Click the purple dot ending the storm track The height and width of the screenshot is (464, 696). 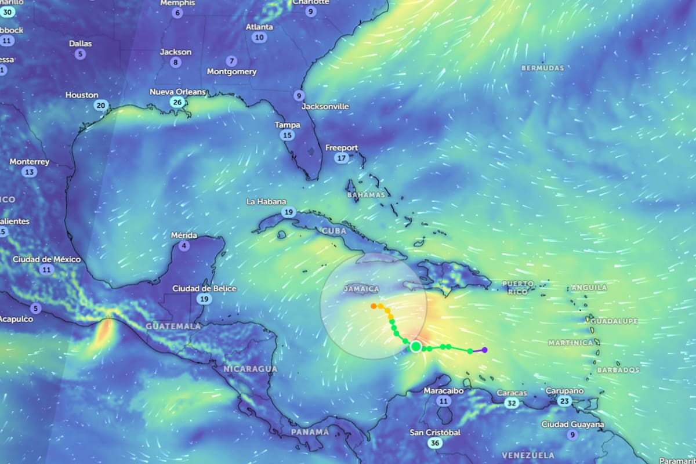click(484, 350)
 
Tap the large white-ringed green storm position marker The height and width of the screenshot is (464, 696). click(415, 347)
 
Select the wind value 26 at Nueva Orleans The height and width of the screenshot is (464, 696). click(177, 103)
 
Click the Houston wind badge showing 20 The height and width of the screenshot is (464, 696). click(101, 106)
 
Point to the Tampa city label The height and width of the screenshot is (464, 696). click(288, 125)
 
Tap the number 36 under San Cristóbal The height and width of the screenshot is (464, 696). click(434, 443)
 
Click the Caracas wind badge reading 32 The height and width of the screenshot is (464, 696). click(511, 403)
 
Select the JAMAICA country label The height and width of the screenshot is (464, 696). click(361, 289)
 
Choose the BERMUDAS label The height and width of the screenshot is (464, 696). click(542, 68)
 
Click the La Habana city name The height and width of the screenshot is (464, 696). click(266, 202)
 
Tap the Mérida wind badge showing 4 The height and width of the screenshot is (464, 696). click(184, 246)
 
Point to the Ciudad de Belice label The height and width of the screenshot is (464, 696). click(204, 288)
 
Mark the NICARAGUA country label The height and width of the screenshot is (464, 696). click(251, 369)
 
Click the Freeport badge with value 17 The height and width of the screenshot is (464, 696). click(342, 158)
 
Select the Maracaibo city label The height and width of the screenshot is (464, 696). click(444, 390)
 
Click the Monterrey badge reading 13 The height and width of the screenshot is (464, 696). click(29, 172)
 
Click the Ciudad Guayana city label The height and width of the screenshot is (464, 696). click(572, 425)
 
